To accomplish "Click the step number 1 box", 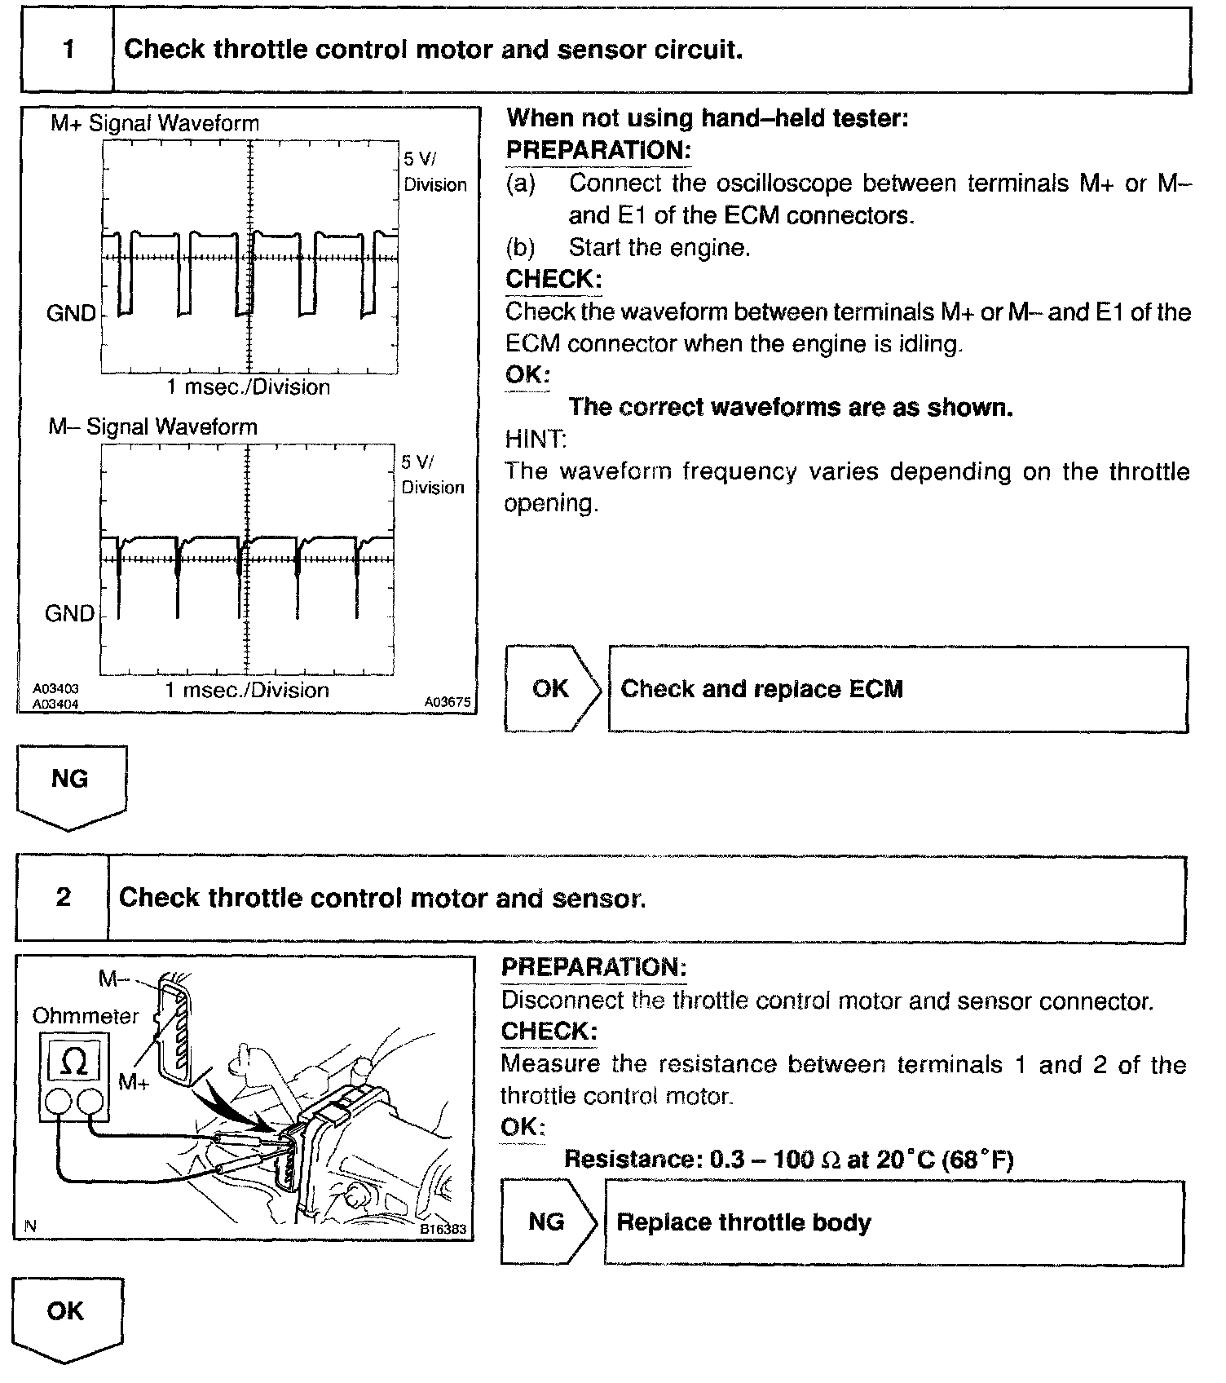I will point(68,50).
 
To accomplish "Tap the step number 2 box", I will point(63,899).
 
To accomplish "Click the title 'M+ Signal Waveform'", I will point(155,123).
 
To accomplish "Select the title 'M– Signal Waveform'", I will point(152,426).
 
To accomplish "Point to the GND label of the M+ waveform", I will point(71,313).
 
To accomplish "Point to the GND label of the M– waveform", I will point(69,613).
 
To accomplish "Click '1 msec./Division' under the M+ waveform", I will point(249,387).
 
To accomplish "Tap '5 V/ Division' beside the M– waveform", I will point(433,475).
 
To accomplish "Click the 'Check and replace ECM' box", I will point(897,689).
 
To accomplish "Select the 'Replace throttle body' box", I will point(893,1222).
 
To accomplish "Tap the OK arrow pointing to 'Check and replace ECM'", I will point(553,689).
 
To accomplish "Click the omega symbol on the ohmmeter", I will point(74,1061).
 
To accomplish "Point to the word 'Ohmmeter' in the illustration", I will point(86,1015).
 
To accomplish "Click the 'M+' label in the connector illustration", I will point(134,1082).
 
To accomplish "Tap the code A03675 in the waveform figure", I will point(448,701).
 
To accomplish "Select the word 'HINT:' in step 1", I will point(535,439).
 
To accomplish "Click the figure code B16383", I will point(444,1229).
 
